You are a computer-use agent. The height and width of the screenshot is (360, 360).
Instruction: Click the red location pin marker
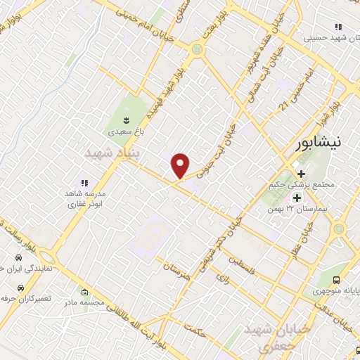pos(181,165)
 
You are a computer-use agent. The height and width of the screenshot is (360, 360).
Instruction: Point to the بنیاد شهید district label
pos(112,153)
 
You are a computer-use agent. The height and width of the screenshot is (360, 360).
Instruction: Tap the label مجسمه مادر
pos(85,303)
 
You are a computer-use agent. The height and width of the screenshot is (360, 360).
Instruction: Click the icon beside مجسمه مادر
pos(85,292)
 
